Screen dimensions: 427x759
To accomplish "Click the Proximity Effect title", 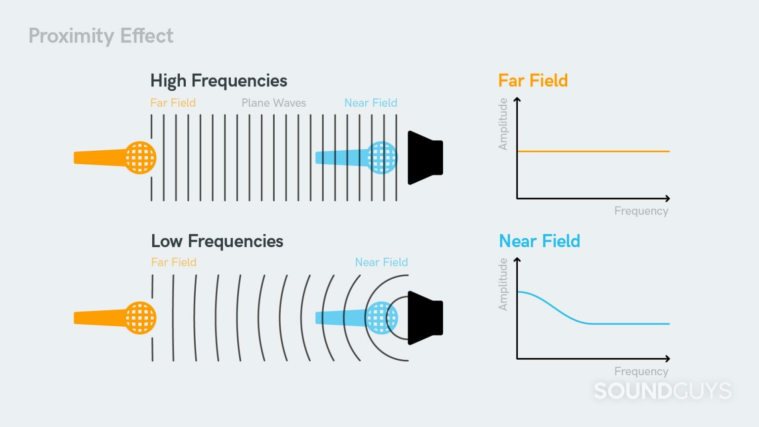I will click(101, 36).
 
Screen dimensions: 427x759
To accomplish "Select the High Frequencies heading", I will click(218, 81).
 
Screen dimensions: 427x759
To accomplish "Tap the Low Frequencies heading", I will click(217, 241).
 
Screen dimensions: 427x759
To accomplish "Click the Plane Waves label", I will click(274, 103).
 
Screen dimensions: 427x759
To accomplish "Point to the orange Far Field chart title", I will click(533, 81).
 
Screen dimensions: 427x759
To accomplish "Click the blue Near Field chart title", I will click(539, 241).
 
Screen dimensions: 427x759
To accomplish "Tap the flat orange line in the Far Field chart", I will click(593, 151).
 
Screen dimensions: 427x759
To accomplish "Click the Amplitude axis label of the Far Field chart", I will click(503, 124).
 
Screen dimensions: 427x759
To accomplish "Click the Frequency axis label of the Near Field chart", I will click(641, 371).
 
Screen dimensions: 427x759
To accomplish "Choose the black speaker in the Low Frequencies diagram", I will click(426, 318).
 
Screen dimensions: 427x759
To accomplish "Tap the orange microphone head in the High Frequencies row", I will click(140, 158).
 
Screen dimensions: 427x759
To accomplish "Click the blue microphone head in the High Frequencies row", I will click(382, 158).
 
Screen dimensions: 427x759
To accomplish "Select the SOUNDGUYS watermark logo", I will click(662, 391).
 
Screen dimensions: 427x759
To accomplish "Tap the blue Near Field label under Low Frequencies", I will click(381, 262).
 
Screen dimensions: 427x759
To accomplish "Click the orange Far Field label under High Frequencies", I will click(173, 103).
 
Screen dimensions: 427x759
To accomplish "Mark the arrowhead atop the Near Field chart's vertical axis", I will click(517, 260).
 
